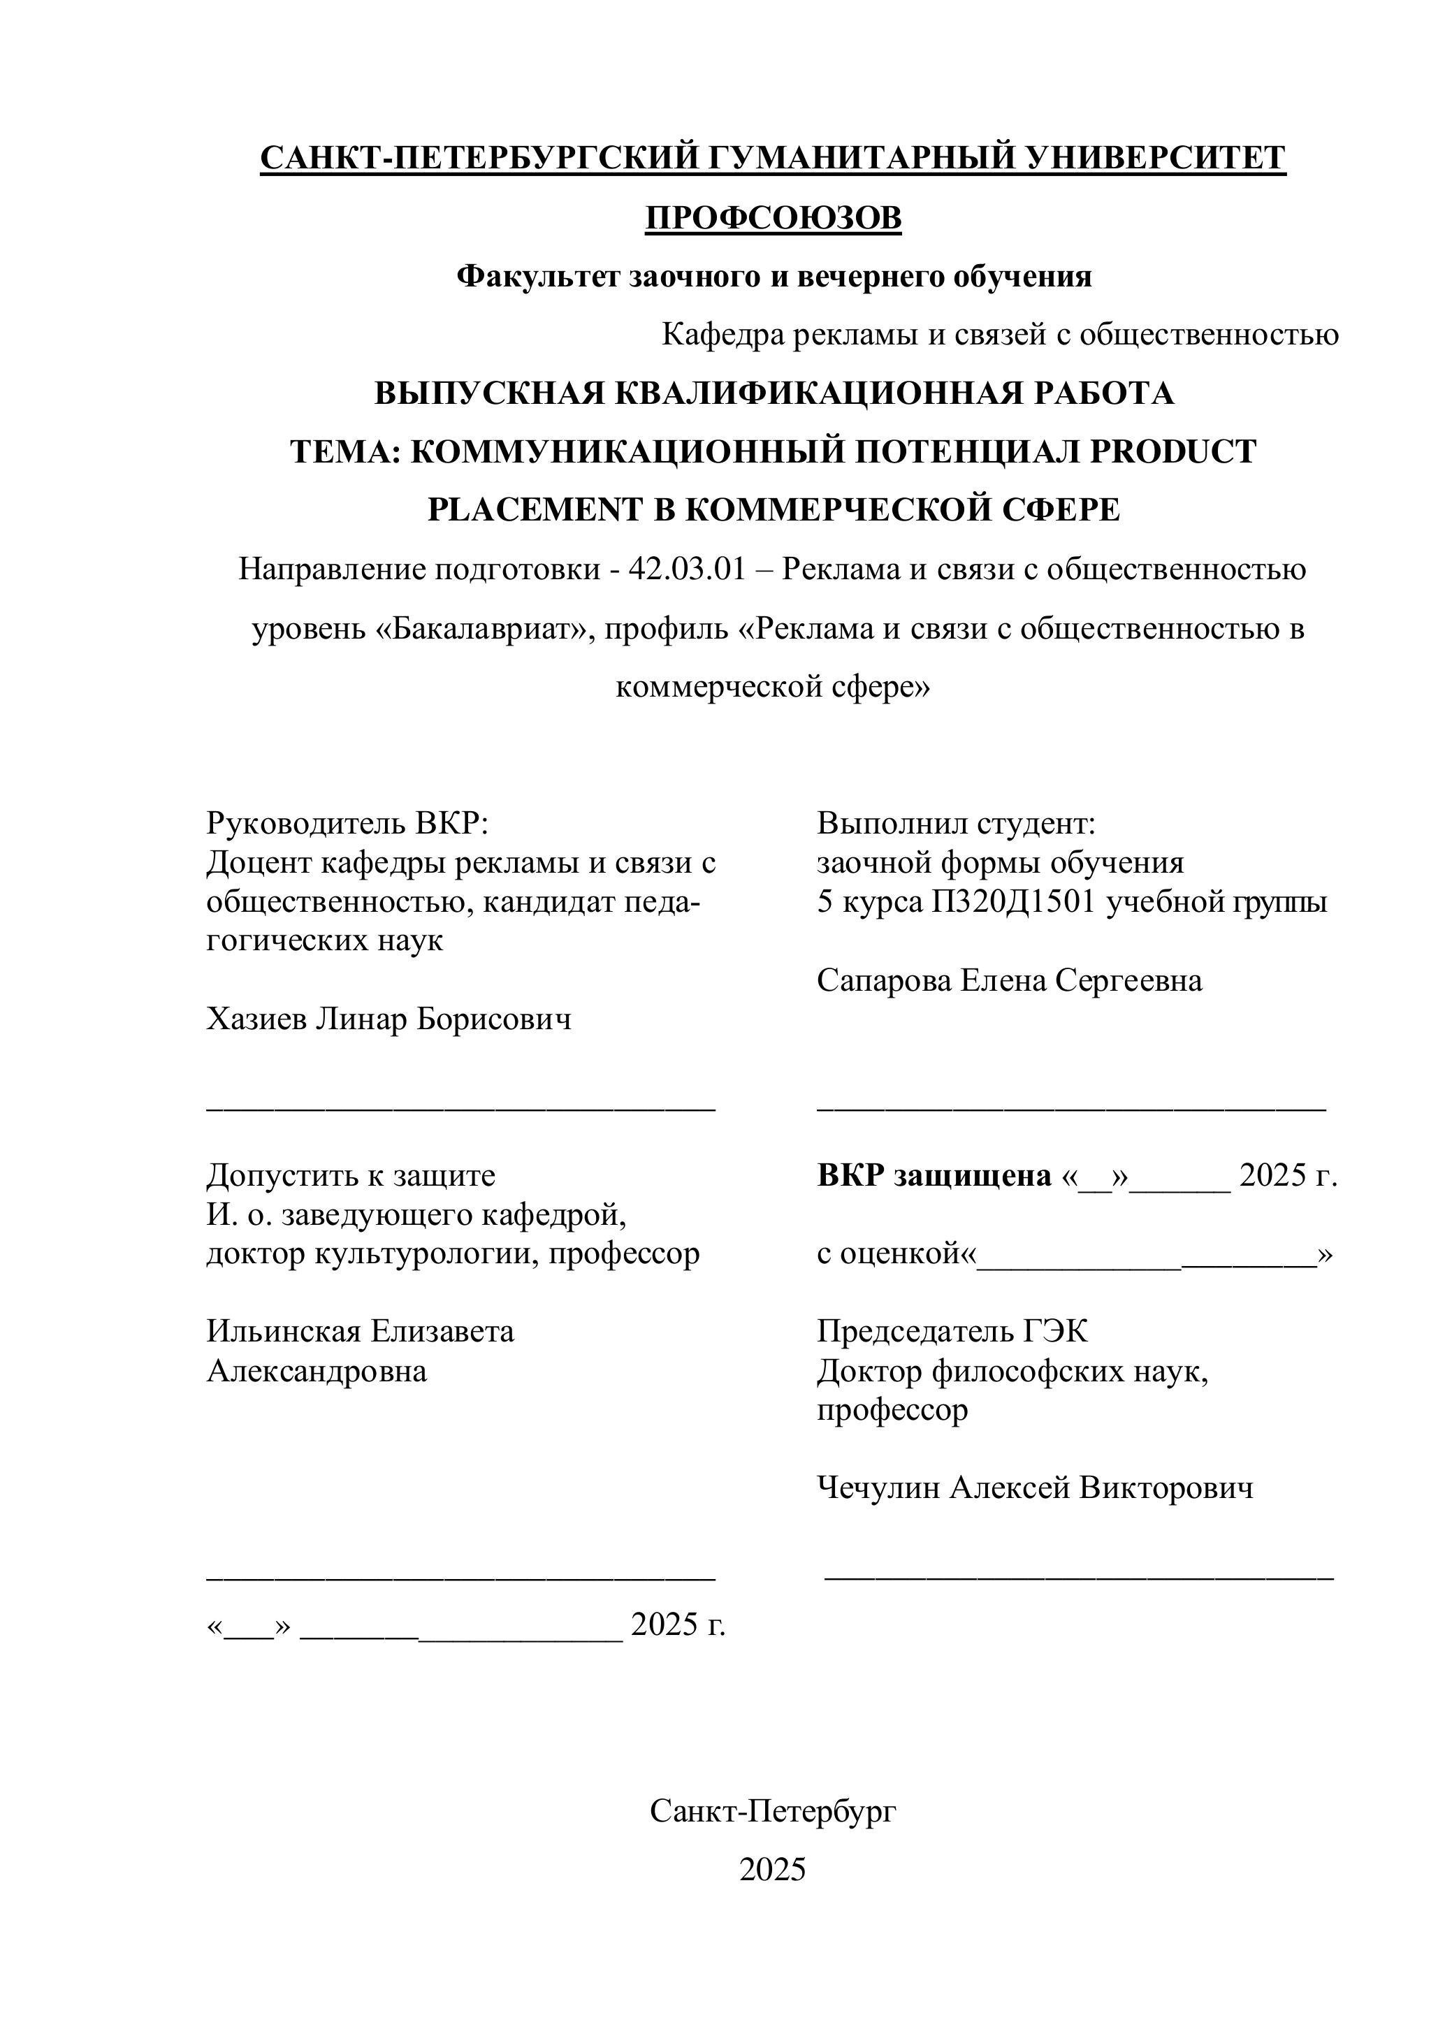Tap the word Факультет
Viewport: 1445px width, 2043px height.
coord(539,277)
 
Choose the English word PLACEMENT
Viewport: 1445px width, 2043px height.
coord(535,510)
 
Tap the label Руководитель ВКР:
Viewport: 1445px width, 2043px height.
coord(348,823)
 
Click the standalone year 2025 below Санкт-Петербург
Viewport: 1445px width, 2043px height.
coord(772,1870)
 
